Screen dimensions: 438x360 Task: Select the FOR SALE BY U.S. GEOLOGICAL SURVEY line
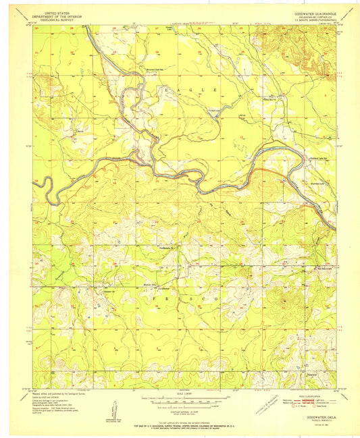(180, 426)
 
